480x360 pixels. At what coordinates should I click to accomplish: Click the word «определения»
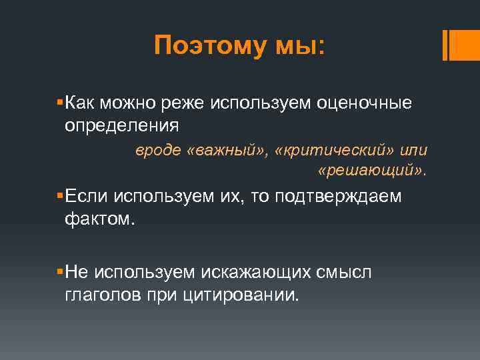tap(121, 125)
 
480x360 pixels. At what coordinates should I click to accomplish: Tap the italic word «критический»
tap(341, 151)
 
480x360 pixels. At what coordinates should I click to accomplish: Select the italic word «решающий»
tap(371, 173)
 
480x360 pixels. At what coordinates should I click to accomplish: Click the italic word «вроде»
tap(158, 151)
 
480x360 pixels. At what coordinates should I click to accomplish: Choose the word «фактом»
tap(99, 219)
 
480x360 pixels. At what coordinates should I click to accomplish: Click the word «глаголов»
tap(103, 294)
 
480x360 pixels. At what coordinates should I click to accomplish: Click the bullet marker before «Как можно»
tap(60, 103)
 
